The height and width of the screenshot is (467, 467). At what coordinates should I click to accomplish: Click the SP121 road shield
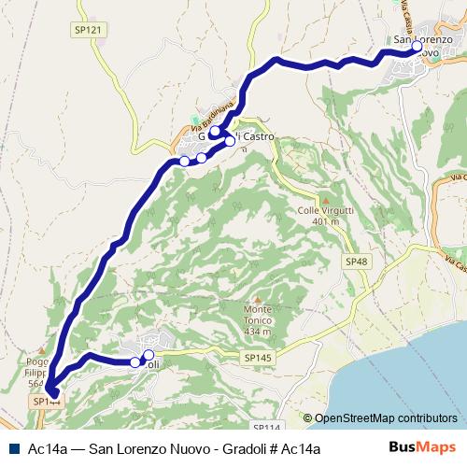pyautogui.click(x=86, y=30)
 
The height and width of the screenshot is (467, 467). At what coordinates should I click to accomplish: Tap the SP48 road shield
pyautogui.click(x=355, y=262)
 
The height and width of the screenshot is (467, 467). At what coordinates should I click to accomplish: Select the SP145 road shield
pyautogui.click(x=258, y=358)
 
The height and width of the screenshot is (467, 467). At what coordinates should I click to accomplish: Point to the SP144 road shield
pyautogui.click(x=47, y=402)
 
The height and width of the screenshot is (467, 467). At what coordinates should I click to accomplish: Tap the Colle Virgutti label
pyautogui.click(x=325, y=211)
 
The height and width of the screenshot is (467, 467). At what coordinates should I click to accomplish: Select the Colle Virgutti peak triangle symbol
pyautogui.click(x=325, y=199)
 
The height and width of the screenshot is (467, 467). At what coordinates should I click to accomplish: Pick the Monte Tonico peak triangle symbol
pyautogui.click(x=257, y=298)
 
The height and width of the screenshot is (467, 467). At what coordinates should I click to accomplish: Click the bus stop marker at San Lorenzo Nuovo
pyautogui.click(x=417, y=45)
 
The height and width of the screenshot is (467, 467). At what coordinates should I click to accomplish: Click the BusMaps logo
pyautogui.click(x=422, y=447)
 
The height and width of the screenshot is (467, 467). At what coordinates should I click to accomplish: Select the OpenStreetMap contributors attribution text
pyautogui.click(x=386, y=419)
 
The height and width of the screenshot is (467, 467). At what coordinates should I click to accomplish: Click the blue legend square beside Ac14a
pyautogui.click(x=17, y=448)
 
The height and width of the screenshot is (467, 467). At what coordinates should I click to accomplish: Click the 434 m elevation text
pyautogui.click(x=258, y=331)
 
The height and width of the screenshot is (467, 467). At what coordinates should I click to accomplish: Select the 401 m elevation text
pyautogui.click(x=325, y=222)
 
